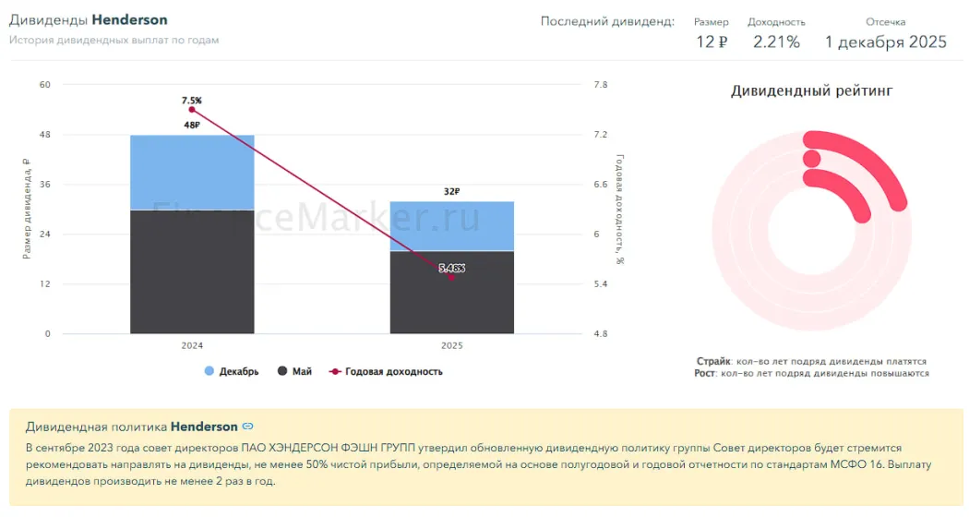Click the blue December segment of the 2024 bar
192,173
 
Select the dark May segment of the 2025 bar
451,292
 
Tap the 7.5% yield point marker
192,110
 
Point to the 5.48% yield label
452,269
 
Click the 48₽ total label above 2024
192,125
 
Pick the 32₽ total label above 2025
451,191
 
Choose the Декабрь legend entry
232,372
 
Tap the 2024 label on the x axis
192,345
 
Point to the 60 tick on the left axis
44,85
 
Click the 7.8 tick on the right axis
601,85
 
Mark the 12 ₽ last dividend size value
712,42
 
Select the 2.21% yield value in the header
776,42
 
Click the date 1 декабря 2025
885,42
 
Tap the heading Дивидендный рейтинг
811,90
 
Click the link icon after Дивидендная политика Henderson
247,427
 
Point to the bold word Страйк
713,361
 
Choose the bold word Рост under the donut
705,373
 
